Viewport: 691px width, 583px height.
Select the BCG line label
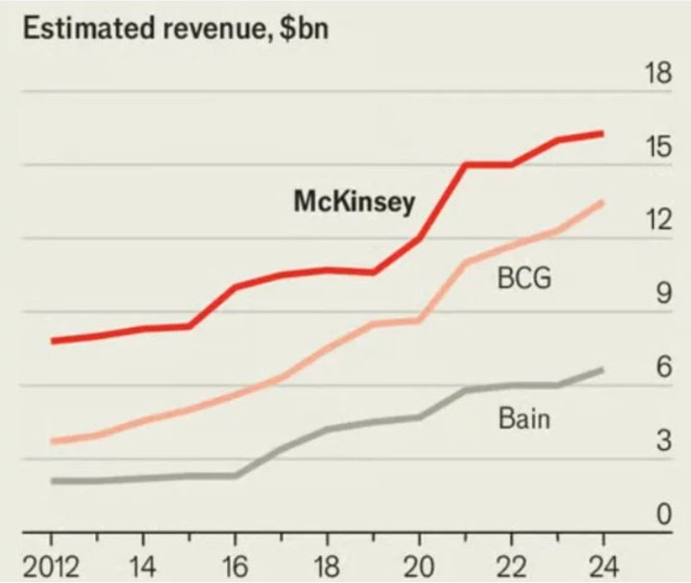(524, 278)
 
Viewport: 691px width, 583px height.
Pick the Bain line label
(524, 418)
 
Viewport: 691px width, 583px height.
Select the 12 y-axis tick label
(657, 220)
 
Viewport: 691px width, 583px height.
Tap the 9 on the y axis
(662, 294)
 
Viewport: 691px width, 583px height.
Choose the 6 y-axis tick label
(662, 367)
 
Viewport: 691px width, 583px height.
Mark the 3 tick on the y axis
(662, 441)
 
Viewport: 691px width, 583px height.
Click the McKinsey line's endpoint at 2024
(603, 134)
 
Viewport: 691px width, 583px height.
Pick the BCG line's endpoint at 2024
(603, 202)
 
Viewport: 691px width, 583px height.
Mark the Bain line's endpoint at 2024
(603, 370)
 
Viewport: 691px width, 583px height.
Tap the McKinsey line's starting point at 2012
(53, 341)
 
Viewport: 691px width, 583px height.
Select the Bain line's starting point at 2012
(53, 481)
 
